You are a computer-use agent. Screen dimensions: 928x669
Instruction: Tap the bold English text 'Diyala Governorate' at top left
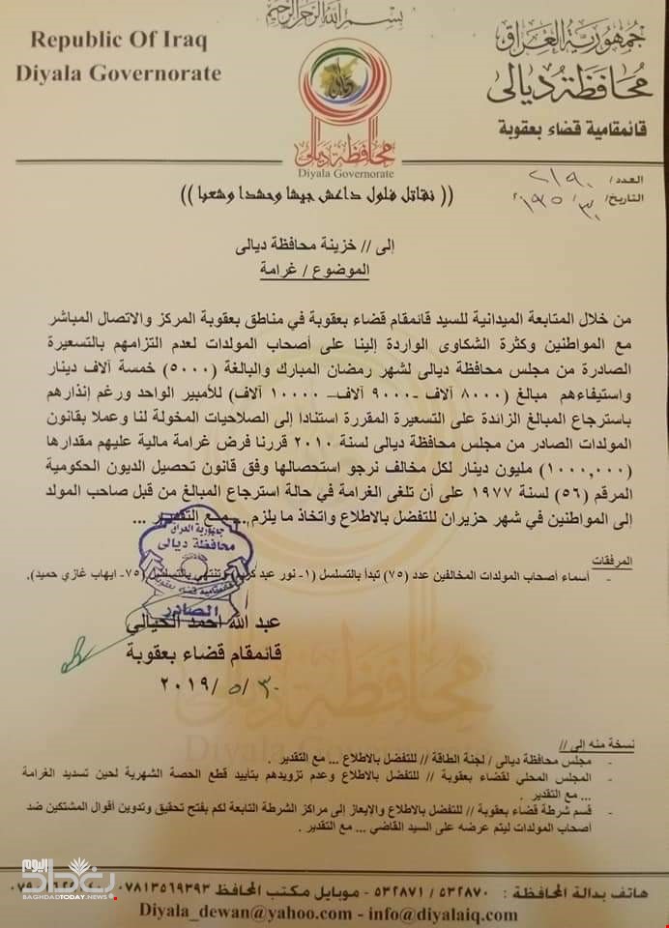coord(119,73)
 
